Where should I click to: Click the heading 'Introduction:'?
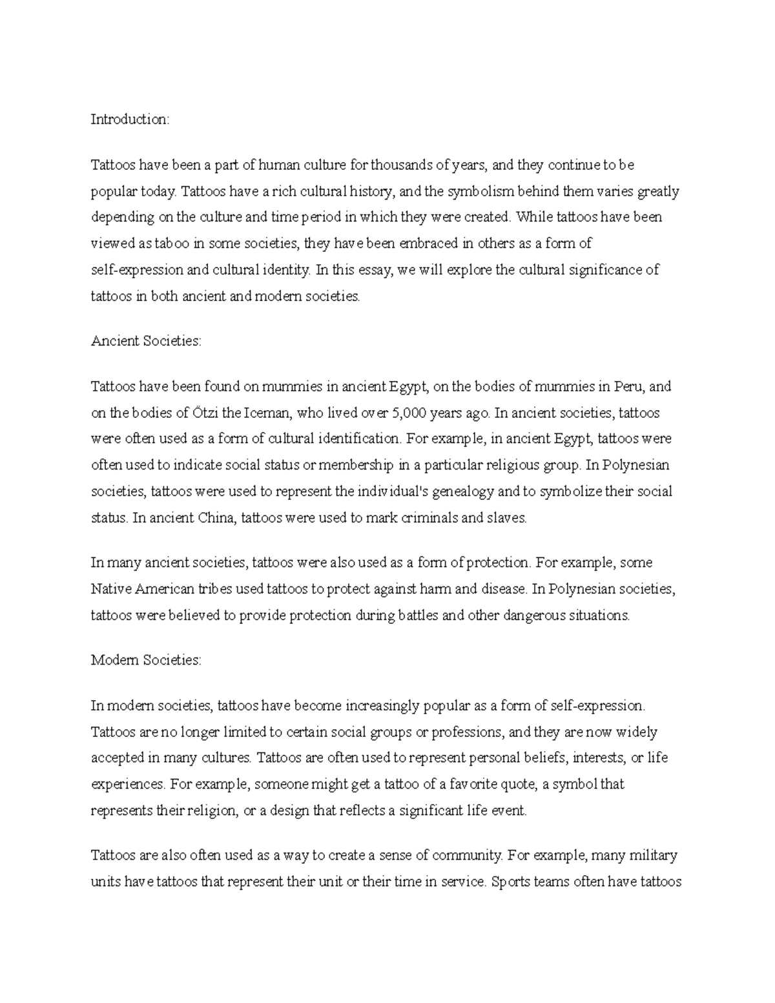point(130,119)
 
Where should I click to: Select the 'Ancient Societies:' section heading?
point(146,341)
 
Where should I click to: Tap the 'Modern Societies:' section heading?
point(146,660)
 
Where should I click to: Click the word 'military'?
point(650,856)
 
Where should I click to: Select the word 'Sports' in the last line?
point(510,882)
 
